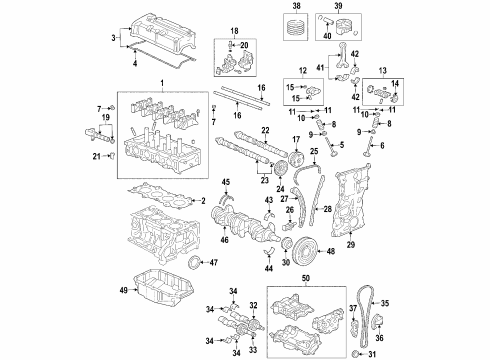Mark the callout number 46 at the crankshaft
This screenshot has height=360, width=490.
click(221, 241)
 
